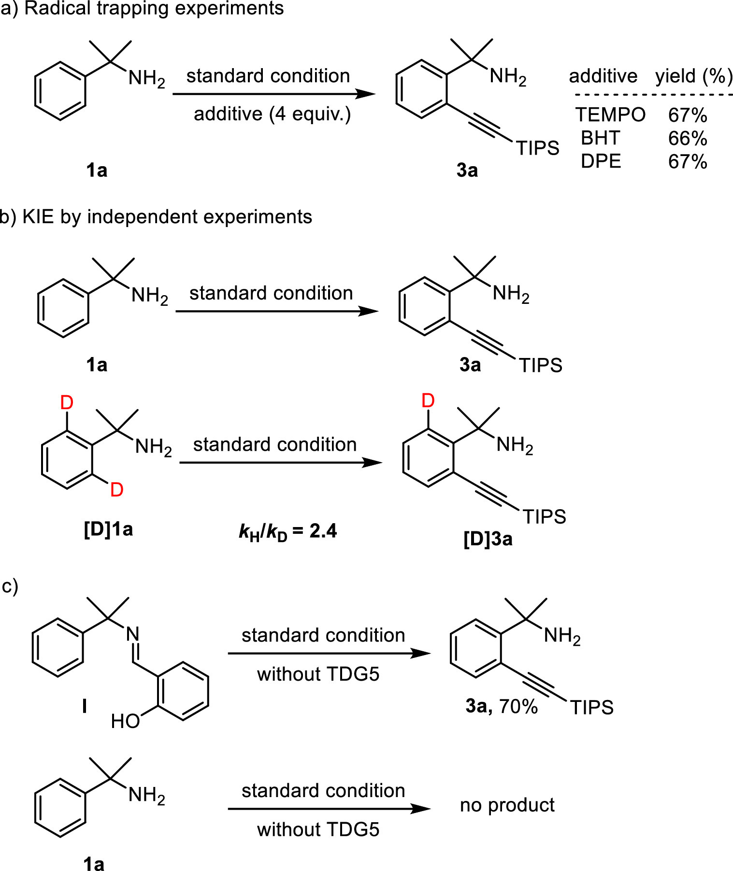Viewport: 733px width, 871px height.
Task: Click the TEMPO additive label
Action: pyautogui.click(x=610, y=115)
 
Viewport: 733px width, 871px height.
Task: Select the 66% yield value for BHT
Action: pyautogui.click(x=688, y=139)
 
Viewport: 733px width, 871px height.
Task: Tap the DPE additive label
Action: pyautogui.click(x=601, y=161)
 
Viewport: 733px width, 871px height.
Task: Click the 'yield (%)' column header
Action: pyautogui.click(x=694, y=76)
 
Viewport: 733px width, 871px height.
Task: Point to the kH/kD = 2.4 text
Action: pyautogui.click(x=288, y=532)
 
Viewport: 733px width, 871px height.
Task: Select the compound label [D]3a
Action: pyautogui.click(x=488, y=539)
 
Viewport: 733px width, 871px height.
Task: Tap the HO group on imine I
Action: pyautogui.click(x=125, y=721)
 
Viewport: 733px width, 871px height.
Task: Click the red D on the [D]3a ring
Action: pyautogui.click(x=428, y=400)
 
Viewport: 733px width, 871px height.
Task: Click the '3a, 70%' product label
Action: pyautogui.click(x=502, y=706)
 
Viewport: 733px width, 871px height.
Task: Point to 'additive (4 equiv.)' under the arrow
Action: pyautogui.click(x=272, y=114)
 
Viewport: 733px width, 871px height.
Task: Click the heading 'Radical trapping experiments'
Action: pyautogui.click(x=154, y=9)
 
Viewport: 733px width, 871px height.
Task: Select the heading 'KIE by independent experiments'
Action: pyautogui.click(x=167, y=217)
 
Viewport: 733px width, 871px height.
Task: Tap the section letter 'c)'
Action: pyautogui.click(x=10, y=586)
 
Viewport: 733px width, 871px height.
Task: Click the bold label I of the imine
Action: pyautogui.click(x=85, y=706)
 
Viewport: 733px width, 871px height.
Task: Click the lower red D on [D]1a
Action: pyautogui.click(x=117, y=490)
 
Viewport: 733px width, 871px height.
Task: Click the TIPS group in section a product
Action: pyautogui.click(x=537, y=148)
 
